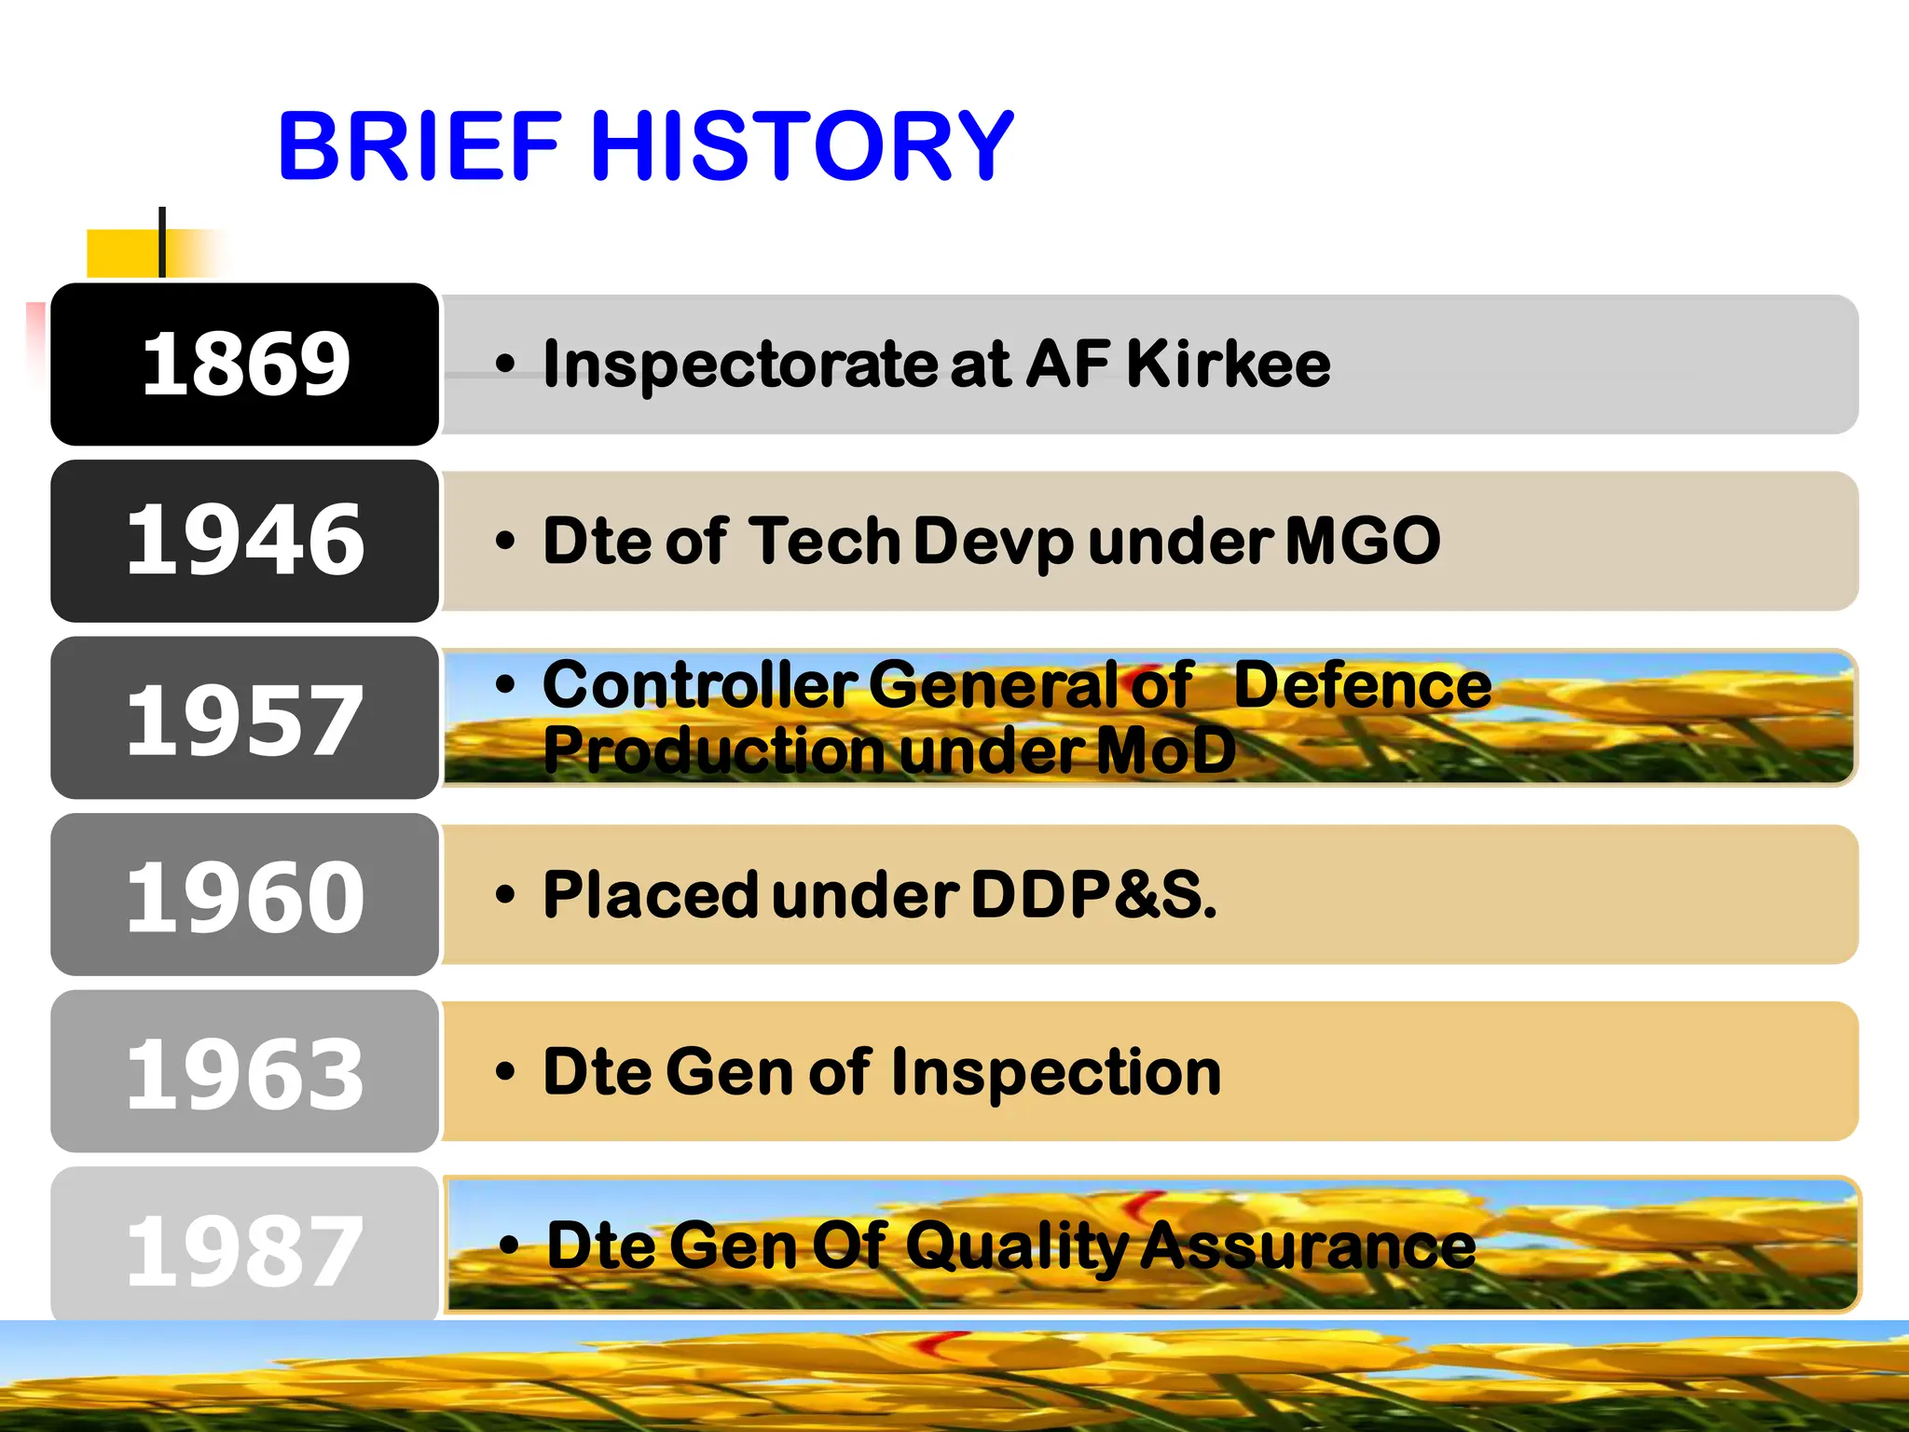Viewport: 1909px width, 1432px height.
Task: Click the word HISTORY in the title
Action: tap(802, 146)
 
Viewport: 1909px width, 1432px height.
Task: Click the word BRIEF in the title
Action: tap(420, 146)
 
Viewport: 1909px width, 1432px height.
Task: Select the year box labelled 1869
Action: tap(245, 365)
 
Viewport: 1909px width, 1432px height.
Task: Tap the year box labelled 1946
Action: tap(245, 541)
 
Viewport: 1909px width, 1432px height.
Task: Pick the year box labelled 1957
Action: tap(245, 718)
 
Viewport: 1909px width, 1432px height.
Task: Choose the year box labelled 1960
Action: tap(245, 895)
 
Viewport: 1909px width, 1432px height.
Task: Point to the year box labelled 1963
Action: tap(245, 1072)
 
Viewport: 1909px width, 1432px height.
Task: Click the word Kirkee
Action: tap(1229, 364)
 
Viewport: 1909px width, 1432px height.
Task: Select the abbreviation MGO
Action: tap(1363, 541)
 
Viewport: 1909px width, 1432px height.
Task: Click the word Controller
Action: tap(699, 685)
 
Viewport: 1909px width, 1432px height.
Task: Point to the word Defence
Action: tap(1362, 685)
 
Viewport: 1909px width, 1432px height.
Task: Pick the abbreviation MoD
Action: tap(1165, 750)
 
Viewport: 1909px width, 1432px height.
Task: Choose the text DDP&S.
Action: tap(1093, 895)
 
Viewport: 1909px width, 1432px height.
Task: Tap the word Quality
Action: tap(1017, 1247)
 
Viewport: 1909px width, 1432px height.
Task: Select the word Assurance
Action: tap(1309, 1247)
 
